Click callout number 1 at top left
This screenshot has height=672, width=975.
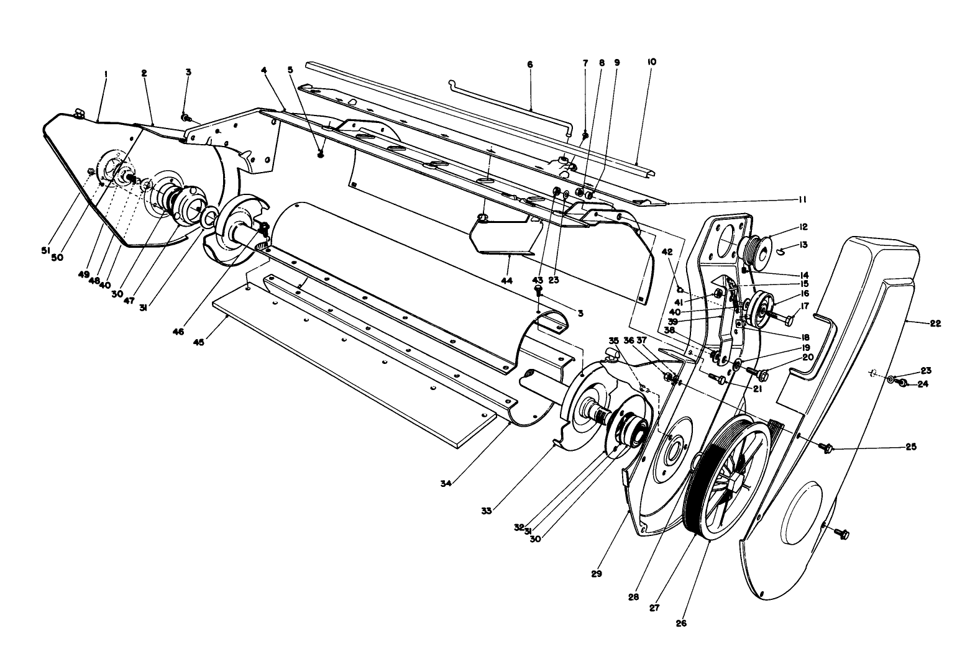click(106, 73)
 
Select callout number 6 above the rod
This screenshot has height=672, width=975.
click(529, 65)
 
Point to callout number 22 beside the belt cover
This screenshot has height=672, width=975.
click(935, 323)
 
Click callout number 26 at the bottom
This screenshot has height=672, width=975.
click(681, 623)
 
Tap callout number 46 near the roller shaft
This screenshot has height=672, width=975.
click(179, 332)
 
